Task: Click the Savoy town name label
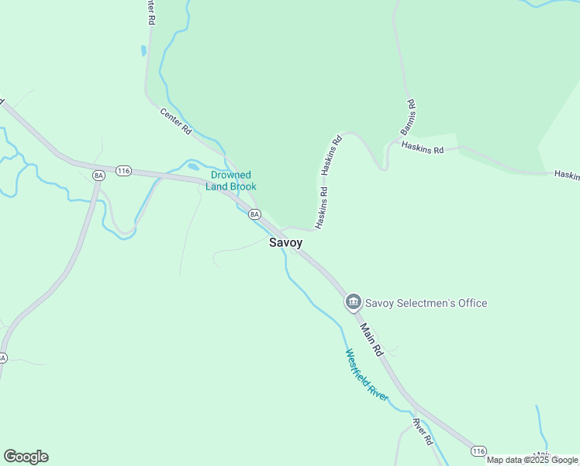(x=285, y=242)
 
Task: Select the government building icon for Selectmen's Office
(x=354, y=301)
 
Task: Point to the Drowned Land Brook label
(x=231, y=181)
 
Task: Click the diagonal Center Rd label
(x=176, y=123)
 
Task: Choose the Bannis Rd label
(x=409, y=117)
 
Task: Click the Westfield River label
(x=367, y=374)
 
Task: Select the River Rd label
(x=422, y=432)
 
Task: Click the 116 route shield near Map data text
(x=478, y=451)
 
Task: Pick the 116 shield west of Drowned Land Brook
(x=123, y=170)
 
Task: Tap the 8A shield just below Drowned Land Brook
(x=254, y=214)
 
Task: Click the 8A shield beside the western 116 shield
(x=98, y=176)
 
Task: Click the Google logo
(x=26, y=457)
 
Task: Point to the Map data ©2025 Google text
(x=532, y=460)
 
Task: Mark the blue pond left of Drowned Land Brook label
(x=193, y=166)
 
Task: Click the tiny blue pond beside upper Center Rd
(x=143, y=51)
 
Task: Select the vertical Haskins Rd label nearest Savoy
(x=321, y=207)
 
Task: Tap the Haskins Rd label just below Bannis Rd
(x=422, y=148)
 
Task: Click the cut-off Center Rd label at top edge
(x=149, y=12)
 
